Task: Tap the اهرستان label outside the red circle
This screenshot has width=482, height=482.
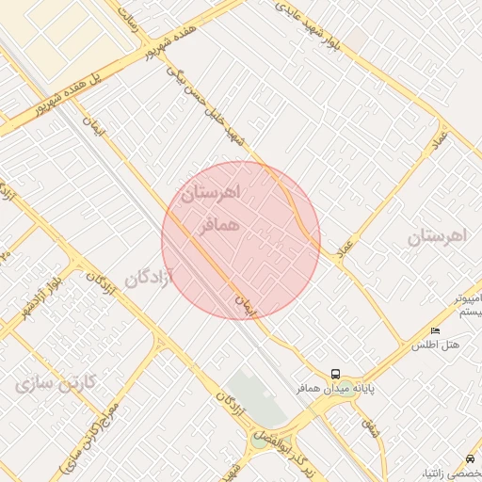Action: point(437,236)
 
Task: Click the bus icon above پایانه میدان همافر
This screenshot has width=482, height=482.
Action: point(336,374)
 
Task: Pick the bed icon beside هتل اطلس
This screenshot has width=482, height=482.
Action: point(434,331)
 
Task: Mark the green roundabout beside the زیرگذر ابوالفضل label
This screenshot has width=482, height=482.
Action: point(260,440)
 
